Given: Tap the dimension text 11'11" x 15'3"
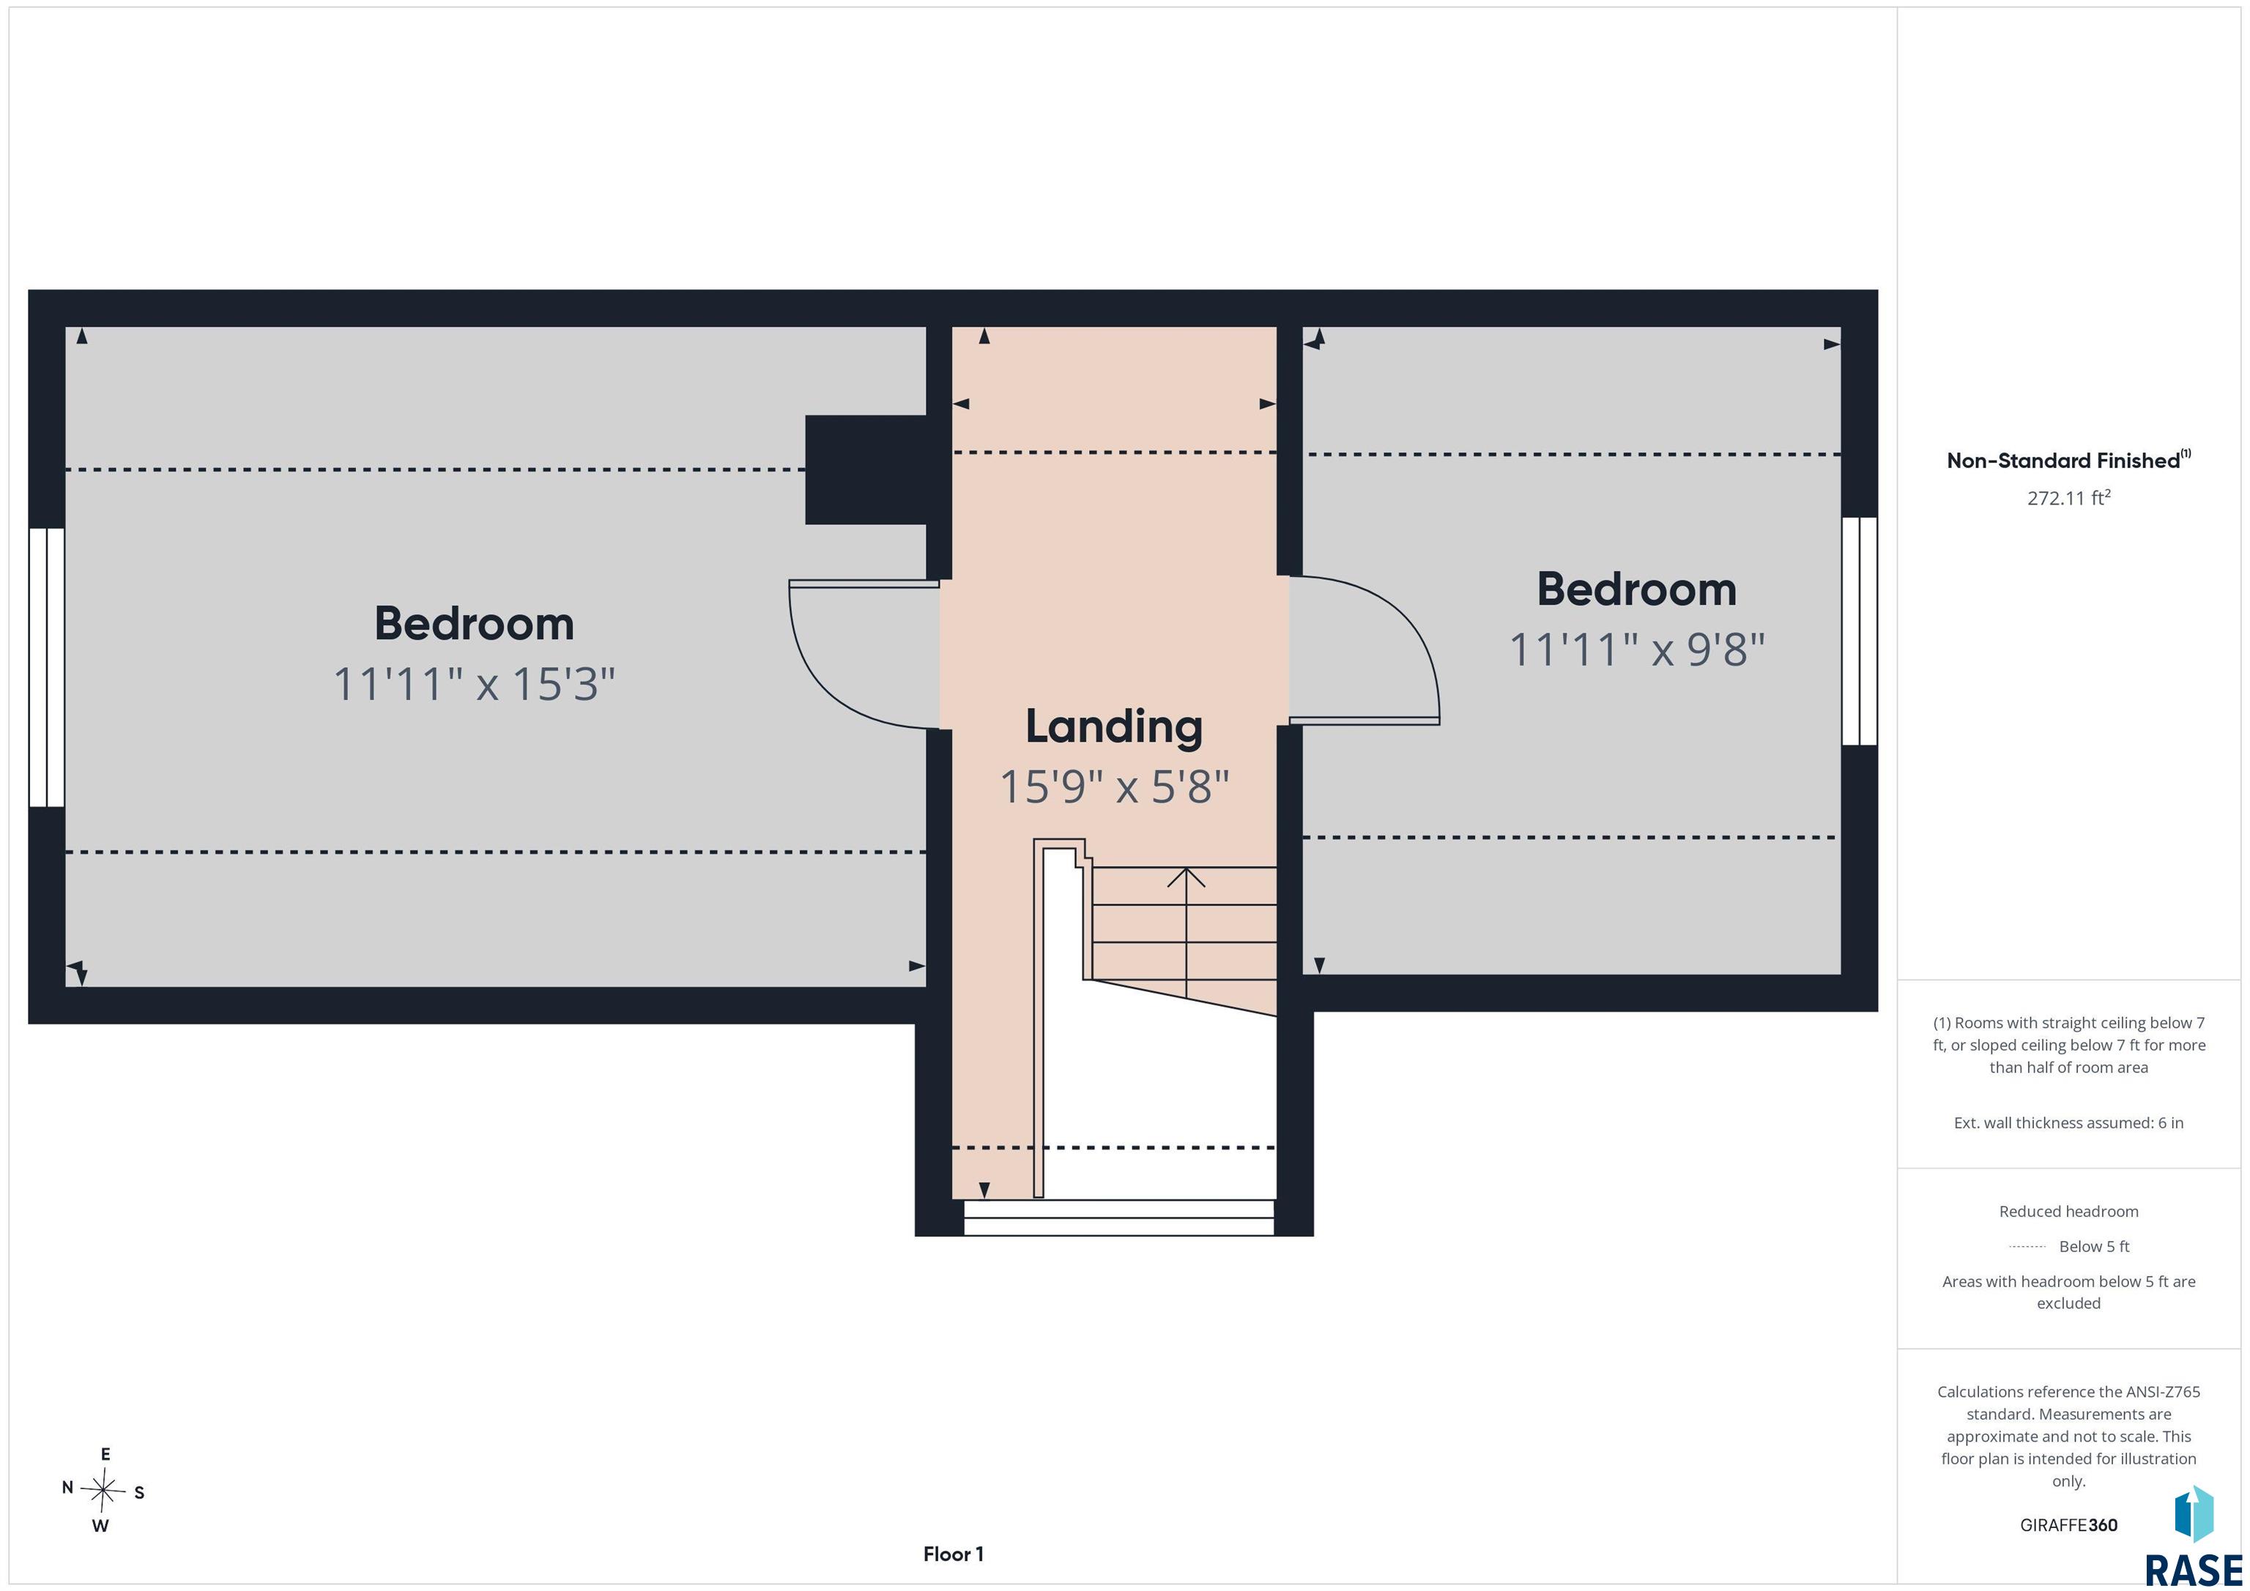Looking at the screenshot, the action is tap(475, 684).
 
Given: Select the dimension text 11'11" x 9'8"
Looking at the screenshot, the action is tap(1636, 649).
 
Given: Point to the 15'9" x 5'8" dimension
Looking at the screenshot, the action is tap(1114, 786).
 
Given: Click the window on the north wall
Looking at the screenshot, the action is tap(46, 667).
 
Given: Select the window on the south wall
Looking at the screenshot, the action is tap(1859, 631).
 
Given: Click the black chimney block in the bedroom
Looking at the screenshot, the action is tap(865, 469).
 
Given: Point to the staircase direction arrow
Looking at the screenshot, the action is tap(1186, 931).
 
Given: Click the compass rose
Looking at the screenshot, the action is tap(103, 1490).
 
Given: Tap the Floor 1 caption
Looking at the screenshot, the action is tap(953, 1554).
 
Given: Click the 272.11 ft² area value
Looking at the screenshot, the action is tap(2068, 498).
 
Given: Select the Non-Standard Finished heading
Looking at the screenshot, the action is tap(2068, 461).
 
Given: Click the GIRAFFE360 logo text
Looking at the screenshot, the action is tap(2068, 1525).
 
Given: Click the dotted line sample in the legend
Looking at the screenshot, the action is tap(2027, 1247).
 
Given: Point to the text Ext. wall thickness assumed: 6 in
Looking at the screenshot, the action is tap(2068, 1122).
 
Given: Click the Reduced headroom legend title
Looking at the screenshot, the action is tap(2068, 1212).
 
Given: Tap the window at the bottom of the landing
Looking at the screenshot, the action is tap(1119, 1218).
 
